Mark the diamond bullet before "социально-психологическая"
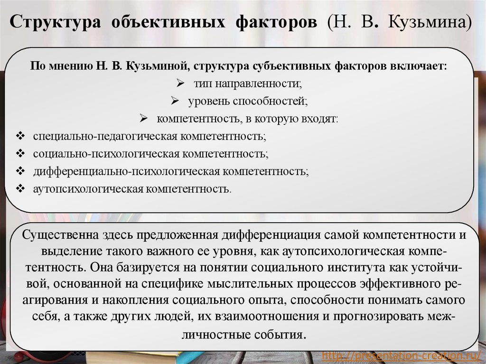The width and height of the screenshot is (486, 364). pos(20,154)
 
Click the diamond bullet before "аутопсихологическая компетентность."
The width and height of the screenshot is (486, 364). pos(20,188)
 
